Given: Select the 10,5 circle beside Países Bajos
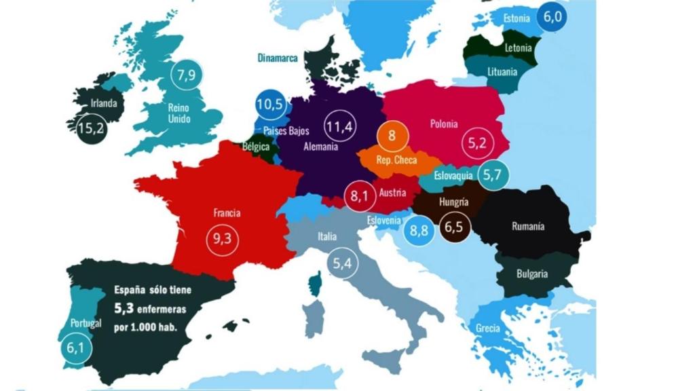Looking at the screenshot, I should (269, 105).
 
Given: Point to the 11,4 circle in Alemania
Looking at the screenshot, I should (339, 126).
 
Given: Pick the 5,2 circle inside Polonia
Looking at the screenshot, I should (478, 143).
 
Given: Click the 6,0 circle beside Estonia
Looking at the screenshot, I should (552, 18).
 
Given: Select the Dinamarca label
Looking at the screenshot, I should (278, 58).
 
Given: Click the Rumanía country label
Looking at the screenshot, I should (527, 227).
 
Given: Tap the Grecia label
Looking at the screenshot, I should (488, 329).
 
